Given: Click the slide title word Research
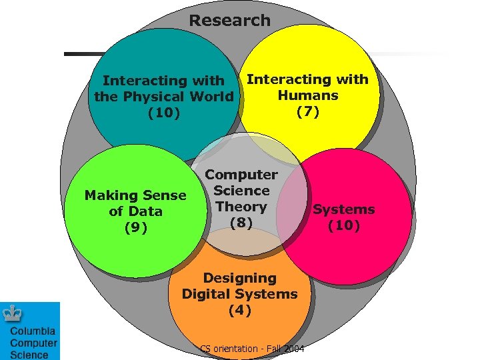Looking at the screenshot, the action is pyautogui.click(x=229, y=21).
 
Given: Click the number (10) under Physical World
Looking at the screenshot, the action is pyautogui.click(x=164, y=113).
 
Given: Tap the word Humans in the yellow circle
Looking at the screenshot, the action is pyautogui.click(x=307, y=95).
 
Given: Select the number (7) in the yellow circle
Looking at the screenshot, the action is pyautogui.click(x=307, y=111).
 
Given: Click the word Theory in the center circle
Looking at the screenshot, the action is pyautogui.click(x=241, y=207).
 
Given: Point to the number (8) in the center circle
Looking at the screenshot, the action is pyautogui.click(x=241, y=223).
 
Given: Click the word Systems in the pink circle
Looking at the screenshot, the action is pyautogui.click(x=344, y=209).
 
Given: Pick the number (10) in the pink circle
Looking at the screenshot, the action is pyautogui.click(x=344, y=225).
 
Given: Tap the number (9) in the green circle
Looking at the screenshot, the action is pyautogui.click(x=135, y=227).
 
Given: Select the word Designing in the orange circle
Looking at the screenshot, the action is pyautogui.click(x=239, y=278).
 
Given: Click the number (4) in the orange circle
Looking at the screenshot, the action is pyautogui.click(x=239, y=310).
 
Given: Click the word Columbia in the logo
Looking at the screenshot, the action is pyautogui.click(x=33, y=331).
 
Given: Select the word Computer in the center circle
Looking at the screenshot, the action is pyautogui.click(x=241, y=175).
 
